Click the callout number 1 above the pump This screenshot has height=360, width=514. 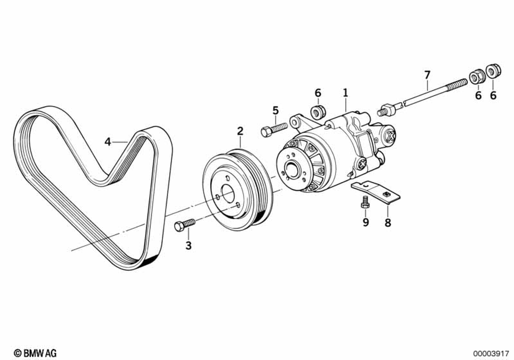(345, 93)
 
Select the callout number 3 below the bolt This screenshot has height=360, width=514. (189, 246)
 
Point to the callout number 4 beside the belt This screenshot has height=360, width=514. (108, 141)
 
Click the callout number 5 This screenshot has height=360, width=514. (276, 110)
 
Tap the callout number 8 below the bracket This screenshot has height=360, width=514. (388, 223)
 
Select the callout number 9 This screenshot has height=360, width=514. (366, 222)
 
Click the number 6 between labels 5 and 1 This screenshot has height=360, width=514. (318, 93)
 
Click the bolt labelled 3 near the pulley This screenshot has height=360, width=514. (185, 225)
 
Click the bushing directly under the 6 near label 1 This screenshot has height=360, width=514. (318, 111)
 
